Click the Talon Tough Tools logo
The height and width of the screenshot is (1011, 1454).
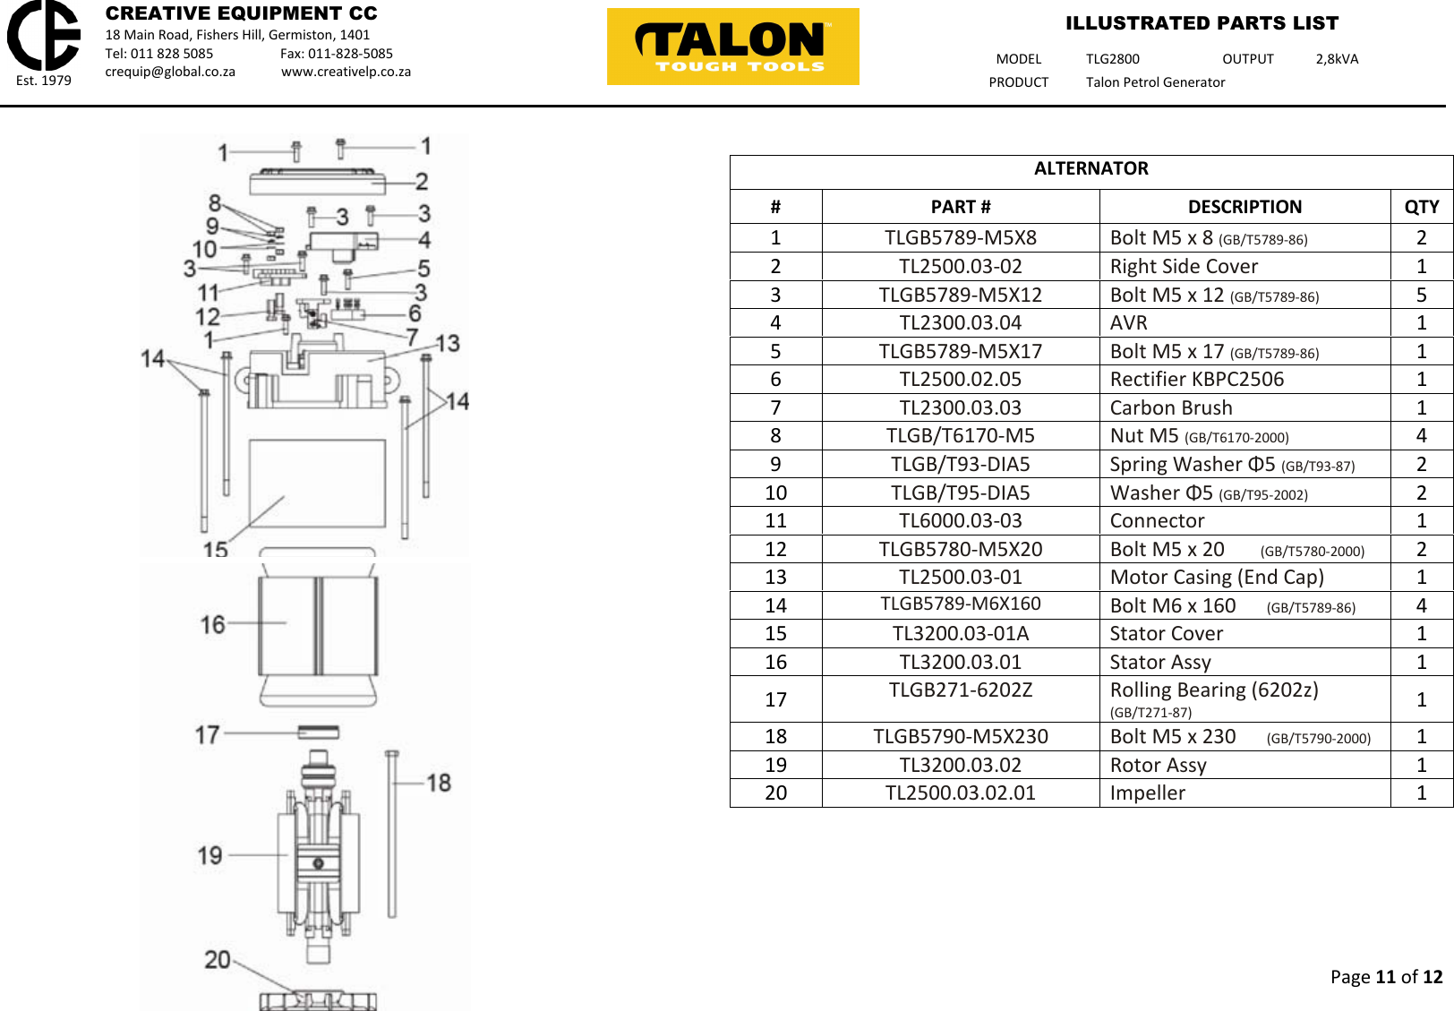coord(732,47)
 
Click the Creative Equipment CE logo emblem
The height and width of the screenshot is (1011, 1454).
coord(43,36)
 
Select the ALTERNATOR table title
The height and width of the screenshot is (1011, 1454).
coord(1090,169)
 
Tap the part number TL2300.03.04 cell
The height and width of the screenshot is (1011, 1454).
coord(960,323)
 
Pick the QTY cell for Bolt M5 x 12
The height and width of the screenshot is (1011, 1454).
coord(1421,296)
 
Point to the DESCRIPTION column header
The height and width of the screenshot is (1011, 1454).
coord(1244,207)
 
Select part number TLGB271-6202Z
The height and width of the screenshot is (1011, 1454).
coord(960,690)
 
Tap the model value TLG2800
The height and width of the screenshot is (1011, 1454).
coord(1112,59)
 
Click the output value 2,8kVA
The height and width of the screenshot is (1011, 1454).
coord(1336,59)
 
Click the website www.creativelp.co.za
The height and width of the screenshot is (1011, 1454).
coord(346,72)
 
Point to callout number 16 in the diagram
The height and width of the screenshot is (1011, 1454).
coord(213,624)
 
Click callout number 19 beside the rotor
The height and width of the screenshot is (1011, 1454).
coord(210,855)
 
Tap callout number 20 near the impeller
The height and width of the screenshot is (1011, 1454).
coord(218,960)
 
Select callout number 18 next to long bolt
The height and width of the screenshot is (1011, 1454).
coord(439,783)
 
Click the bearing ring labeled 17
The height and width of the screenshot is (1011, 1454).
coord(319,732)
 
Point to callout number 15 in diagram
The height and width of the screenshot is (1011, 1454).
coord(215,549)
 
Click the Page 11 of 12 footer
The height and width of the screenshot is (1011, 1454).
coord(1385,977)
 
